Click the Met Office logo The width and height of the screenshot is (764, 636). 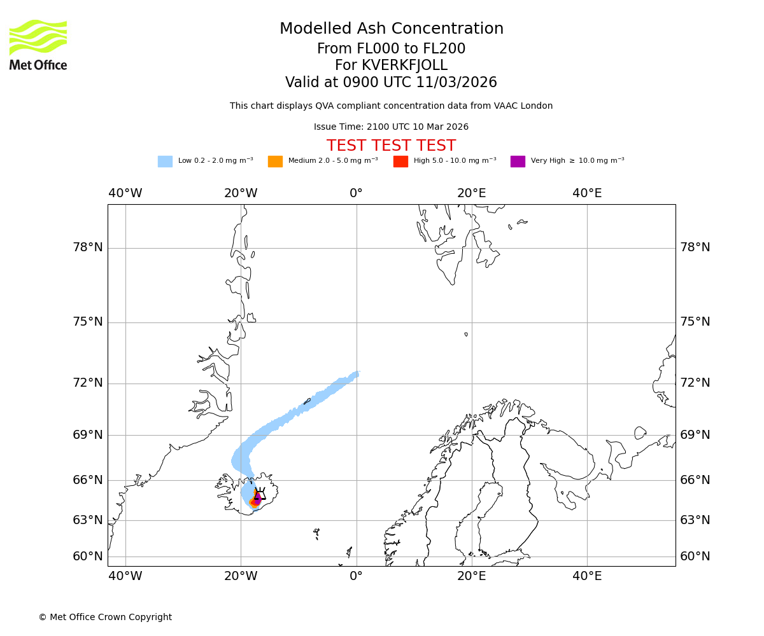pos(38,45)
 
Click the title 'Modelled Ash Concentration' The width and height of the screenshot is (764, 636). pos(392,29)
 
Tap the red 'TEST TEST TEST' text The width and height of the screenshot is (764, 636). pos(391,146)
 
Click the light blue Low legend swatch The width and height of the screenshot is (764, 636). pos(165,162)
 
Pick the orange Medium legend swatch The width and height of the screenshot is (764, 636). pos(275,162)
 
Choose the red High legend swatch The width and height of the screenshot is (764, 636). pos(400,162)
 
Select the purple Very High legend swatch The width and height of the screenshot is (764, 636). pos(518,162)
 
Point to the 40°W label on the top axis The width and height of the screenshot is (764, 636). pos(125,193)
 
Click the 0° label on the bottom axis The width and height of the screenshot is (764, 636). pos(356,576)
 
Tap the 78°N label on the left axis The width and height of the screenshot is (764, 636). pos(88,247)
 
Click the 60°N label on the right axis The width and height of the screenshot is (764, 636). pos(695,556)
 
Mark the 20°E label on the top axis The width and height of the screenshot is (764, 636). pos(472,193)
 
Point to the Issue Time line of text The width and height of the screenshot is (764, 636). pos(391,127)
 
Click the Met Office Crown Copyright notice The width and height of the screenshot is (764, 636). pos(105,617)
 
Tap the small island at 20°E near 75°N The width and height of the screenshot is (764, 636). pos(466,334)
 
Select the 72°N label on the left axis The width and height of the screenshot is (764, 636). pos(88,383)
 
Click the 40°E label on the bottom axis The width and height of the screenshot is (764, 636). pos(587,576)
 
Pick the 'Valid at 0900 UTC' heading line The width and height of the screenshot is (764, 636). pos(391,83)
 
